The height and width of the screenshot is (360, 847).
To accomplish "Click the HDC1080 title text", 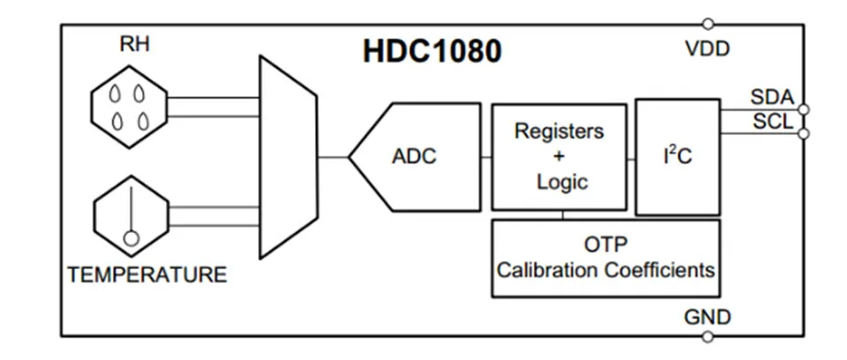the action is (432, 51).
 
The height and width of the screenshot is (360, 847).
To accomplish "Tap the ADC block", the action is (415, 157).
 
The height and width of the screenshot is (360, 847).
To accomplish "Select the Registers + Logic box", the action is (559, 156).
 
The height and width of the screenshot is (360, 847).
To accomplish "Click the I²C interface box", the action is (678, 157).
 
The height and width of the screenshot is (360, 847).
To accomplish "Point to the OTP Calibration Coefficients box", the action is (605, 258).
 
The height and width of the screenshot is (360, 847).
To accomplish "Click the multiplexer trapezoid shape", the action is (288, 157).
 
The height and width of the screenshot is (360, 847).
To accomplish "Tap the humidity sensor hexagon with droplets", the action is (129, 107).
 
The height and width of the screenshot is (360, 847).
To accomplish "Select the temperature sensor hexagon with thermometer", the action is (131, 216).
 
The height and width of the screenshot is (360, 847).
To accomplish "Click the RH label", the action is (134, 44).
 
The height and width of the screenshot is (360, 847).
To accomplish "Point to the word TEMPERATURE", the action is (147, 274).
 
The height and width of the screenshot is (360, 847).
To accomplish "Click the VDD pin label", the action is (707, 49).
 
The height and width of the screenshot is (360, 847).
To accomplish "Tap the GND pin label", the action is (707, 317).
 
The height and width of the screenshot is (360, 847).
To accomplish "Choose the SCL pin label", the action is (774, 122).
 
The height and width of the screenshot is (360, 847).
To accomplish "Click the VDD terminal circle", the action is (708, 25).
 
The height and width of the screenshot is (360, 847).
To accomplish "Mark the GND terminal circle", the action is (708, 337).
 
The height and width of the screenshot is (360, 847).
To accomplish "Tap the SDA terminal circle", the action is (804, 109).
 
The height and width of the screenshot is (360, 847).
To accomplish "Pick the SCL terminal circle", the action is (804, 133).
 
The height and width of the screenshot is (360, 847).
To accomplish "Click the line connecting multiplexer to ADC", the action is (334, 157).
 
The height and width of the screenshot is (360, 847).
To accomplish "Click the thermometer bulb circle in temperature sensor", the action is (131, 238).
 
